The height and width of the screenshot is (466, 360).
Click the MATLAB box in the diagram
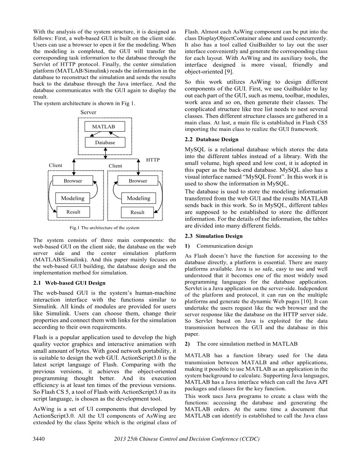point(103,127)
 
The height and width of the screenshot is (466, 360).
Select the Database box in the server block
point(105,143)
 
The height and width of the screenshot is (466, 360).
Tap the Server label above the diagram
point(88,112)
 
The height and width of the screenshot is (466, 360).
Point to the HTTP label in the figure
point(153,160)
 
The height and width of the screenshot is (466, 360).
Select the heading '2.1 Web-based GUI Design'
point(69,283)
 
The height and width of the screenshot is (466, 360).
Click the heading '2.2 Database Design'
point(212,139)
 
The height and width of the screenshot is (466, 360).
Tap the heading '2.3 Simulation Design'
point(214,236)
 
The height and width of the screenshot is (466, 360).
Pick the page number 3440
point(39,439)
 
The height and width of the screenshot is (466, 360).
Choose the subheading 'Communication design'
point(224,246)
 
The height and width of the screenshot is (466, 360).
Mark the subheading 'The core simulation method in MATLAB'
point(247,344)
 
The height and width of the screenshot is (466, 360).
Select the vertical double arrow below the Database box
point(105,153)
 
